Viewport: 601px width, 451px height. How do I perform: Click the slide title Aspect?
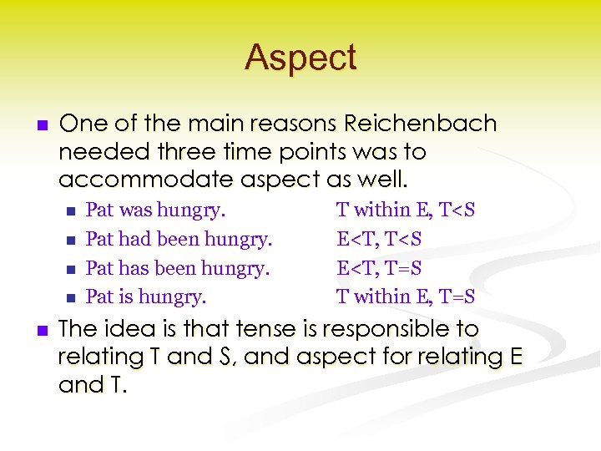pyautogui.click(x=300, y=58)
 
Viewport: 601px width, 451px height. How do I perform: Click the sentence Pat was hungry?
pyautogui.click(x=156, y=210)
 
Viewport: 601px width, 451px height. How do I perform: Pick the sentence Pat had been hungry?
pyautogui.click(x=179, y=239)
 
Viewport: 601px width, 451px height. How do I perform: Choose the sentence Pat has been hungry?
pyautogui.click(x=178, y=268)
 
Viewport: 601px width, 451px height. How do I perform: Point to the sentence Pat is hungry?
pyautogui.click(x=146, y=296)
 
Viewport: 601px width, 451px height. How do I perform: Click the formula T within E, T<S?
pyautogui.click(x=406, y=210)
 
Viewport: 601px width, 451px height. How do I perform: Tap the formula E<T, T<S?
pyautogui.click(x=379, y=239)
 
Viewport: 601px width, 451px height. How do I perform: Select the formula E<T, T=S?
pyautogui.click(x=379, y=268)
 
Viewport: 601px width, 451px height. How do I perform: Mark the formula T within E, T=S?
pyautogui.click(x=406, y=296)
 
